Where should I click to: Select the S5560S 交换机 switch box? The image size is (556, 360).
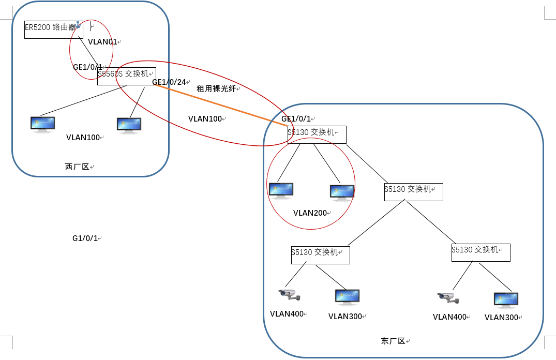127,76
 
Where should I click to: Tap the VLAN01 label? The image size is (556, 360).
102,42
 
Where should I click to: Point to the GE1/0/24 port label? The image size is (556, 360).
169,82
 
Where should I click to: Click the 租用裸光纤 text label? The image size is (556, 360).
216,88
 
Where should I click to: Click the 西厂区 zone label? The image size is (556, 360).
77,167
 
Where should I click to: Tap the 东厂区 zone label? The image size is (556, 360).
393,341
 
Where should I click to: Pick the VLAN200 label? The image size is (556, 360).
310,213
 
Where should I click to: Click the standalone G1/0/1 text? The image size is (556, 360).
85,238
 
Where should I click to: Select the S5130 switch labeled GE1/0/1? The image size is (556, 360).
317,134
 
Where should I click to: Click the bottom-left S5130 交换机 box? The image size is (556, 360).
320,255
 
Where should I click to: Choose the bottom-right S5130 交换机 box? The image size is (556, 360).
480,252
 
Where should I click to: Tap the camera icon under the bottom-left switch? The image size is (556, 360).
290,294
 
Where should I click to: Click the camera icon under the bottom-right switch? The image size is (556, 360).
448,297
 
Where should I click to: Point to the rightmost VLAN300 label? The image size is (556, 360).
501,318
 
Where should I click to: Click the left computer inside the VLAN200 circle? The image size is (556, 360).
281,190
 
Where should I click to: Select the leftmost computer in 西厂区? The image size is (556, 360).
42,124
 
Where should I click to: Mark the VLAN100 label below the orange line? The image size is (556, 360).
205,118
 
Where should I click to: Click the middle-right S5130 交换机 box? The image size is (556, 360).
413,192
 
